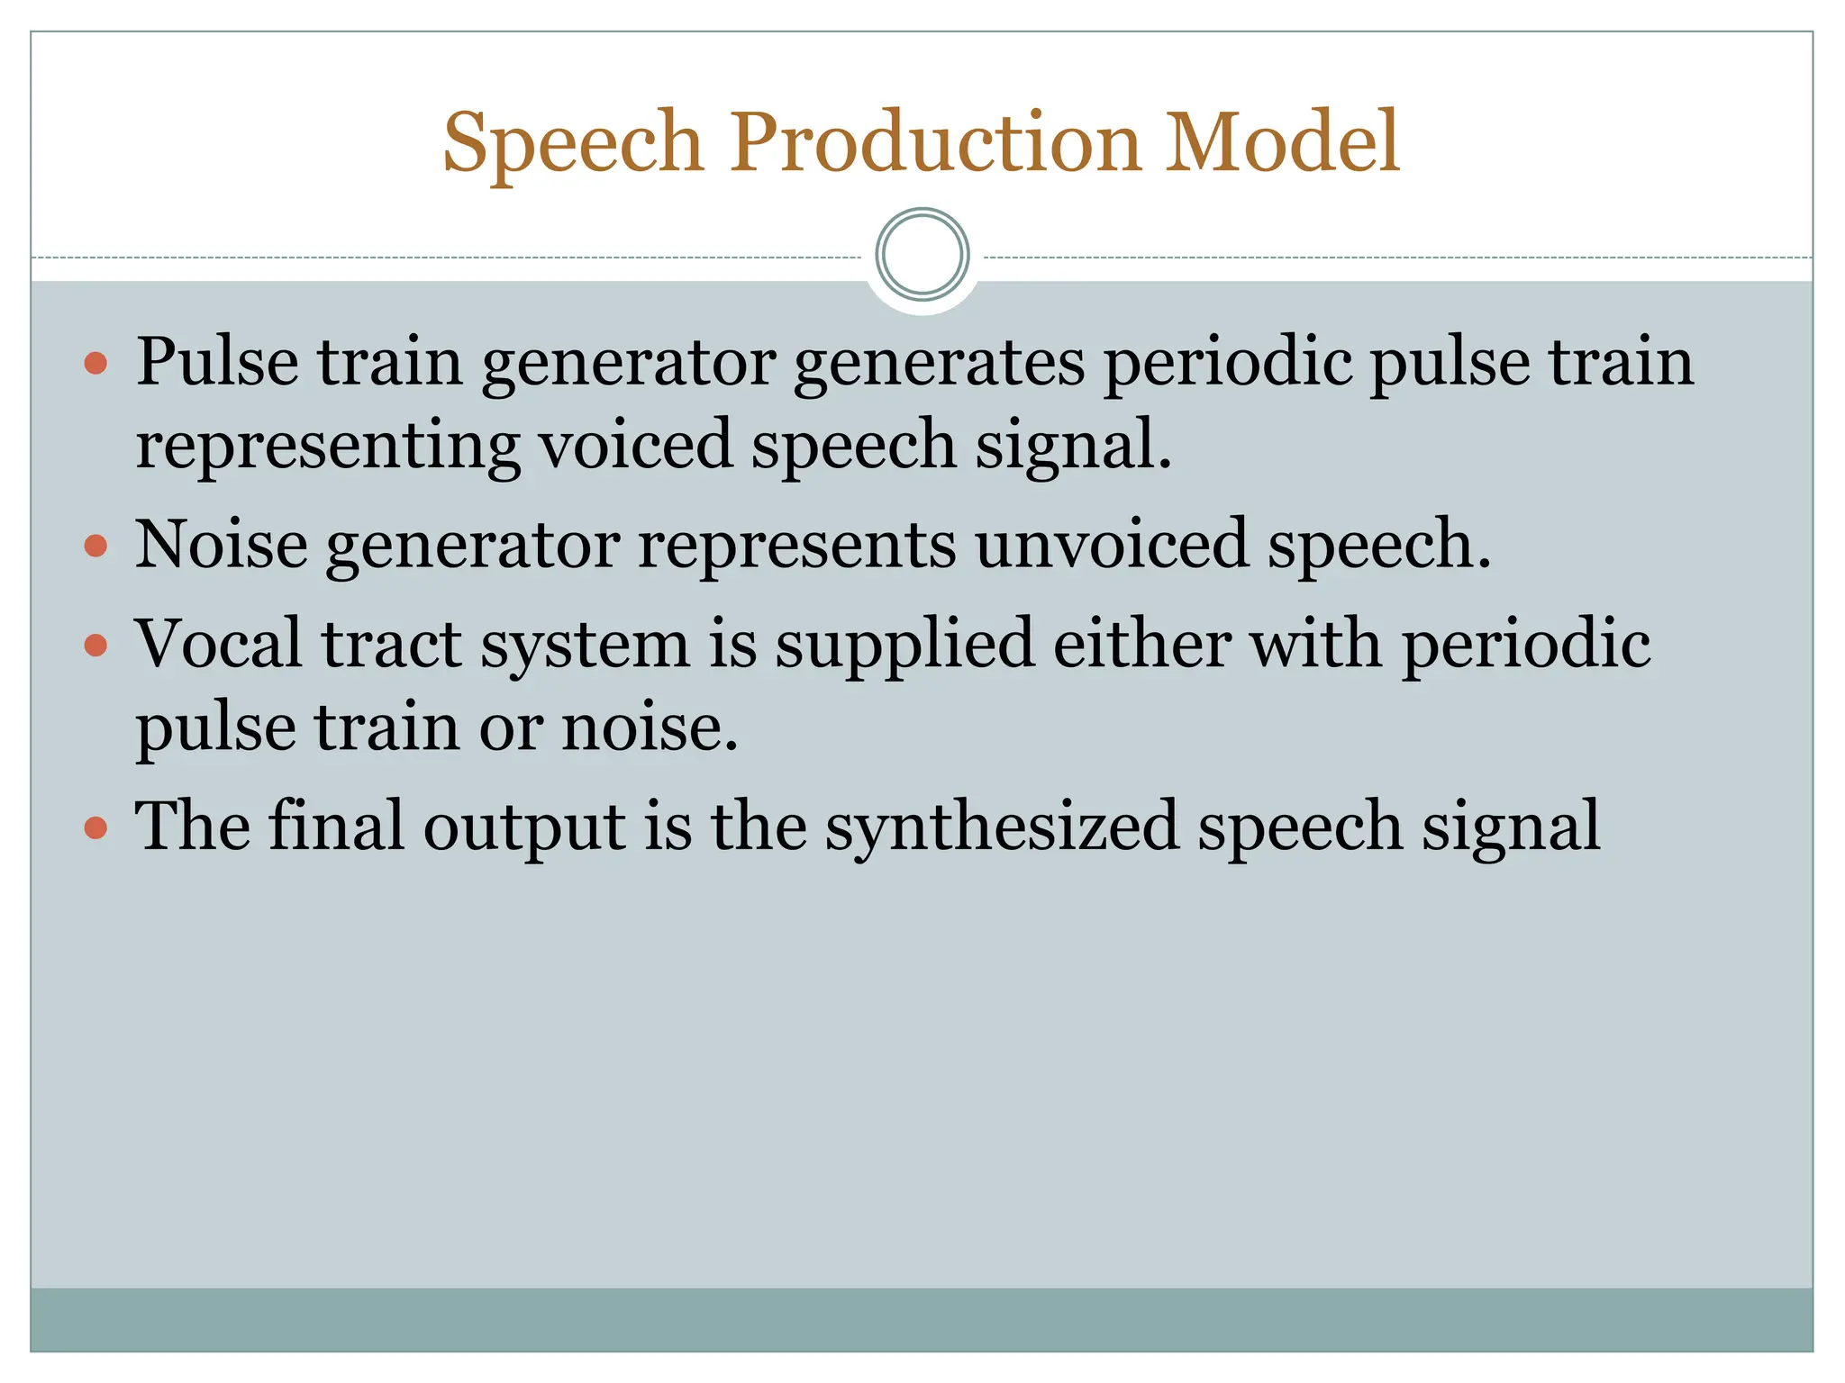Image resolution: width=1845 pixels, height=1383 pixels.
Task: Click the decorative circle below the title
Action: click(x=922, y=255)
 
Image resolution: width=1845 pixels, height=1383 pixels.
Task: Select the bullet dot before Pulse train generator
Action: click(x=95, y=364)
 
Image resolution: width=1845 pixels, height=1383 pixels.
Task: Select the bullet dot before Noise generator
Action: click(x=95, y=547)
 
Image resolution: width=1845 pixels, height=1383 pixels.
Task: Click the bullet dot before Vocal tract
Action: click(x=95, y=645)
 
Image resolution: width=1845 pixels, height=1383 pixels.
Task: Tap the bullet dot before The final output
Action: click(x=95, y=827)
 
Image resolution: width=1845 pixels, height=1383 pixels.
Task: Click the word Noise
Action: click(x=221, y=546)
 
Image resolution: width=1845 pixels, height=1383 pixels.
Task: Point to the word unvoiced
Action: click(x=1112, y=546)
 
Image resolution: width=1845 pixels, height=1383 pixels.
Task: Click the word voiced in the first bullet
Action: click(x=635, y=445)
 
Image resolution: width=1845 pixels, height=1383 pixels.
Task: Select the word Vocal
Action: click(x=219, y=645)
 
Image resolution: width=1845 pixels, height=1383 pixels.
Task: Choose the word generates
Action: click(x=939, y=365)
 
